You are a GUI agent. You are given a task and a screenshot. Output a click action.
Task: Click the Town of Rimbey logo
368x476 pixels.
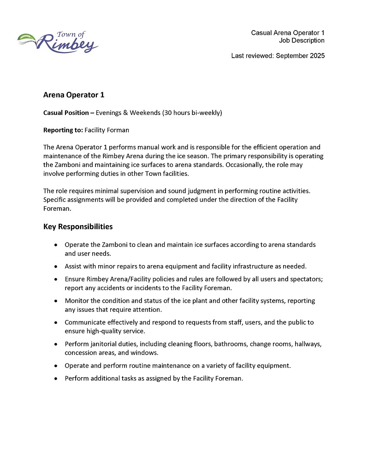(58, 42)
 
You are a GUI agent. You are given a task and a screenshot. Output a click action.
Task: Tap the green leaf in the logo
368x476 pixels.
(27, 37)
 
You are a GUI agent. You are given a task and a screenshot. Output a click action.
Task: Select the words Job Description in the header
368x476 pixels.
(302, 41)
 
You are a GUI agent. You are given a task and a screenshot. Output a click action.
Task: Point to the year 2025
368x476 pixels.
(316, 56)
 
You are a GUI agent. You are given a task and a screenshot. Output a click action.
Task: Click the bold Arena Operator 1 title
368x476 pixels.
(74, 95)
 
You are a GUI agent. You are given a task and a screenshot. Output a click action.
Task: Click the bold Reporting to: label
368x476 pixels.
(63, 131)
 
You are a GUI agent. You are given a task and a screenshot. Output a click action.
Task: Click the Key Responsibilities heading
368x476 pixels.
(78, 227)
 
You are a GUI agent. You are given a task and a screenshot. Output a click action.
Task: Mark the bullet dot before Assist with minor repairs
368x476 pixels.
(56, 267)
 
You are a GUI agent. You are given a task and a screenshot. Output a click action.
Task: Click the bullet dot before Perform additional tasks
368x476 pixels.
(56, 379)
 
